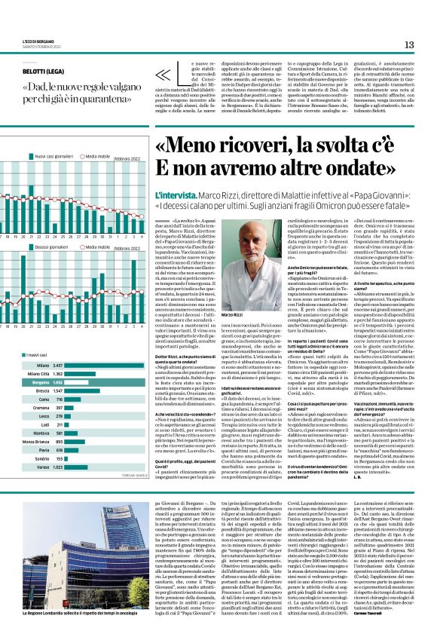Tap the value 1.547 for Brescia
[x=57, y=391]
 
